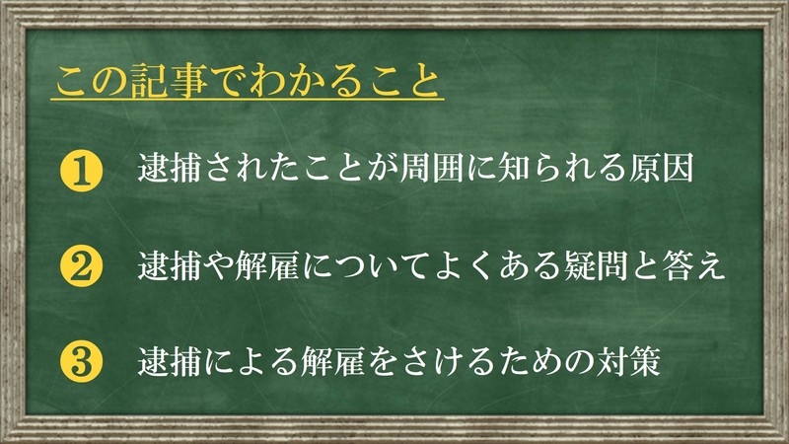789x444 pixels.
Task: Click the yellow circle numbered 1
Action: pos(81,171)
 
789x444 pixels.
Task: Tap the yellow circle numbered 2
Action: pos(81,266)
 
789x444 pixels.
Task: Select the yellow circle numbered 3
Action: pos(81,362)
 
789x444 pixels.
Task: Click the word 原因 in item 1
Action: pos(661,167)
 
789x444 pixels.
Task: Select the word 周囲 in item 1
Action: pos(432,167)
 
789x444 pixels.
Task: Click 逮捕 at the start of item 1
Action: pos(170,167)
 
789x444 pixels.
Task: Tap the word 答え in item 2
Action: pos(693,265)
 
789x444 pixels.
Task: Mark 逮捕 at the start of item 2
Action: pos(170,265)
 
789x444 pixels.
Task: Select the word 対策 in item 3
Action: pos(628,361)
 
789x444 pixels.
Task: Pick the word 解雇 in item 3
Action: pos(332,361)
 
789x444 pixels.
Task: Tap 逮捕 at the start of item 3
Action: pos(170,361)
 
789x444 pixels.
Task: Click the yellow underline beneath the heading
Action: pos(248,100)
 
